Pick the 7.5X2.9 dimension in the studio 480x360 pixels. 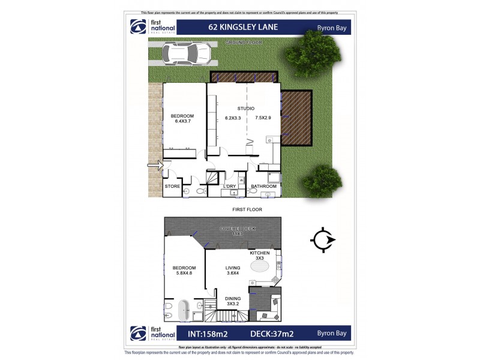pos(263,118)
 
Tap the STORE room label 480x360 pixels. pos(173,187)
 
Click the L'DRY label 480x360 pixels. pos(230,187)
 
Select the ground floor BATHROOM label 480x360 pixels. pos(263,187)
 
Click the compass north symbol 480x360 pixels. pos(323,240)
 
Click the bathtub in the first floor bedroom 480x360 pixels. pos(184,311)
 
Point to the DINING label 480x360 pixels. pos(233,298)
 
